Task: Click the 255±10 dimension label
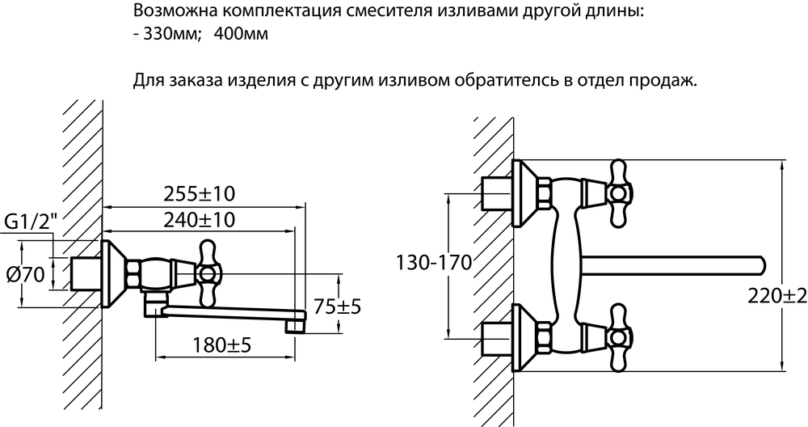coord(199,194)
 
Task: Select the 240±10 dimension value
coord(199,220)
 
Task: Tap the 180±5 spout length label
coord(221,345)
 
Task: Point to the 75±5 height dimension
coord(338,307)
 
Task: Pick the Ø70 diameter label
coord(25,275)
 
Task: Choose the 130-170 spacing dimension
coord(433,263)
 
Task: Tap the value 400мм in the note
coord(241,35)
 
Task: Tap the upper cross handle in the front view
coord(618,193)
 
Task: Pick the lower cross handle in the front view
coord(618,338)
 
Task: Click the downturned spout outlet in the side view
coord(295,323)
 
